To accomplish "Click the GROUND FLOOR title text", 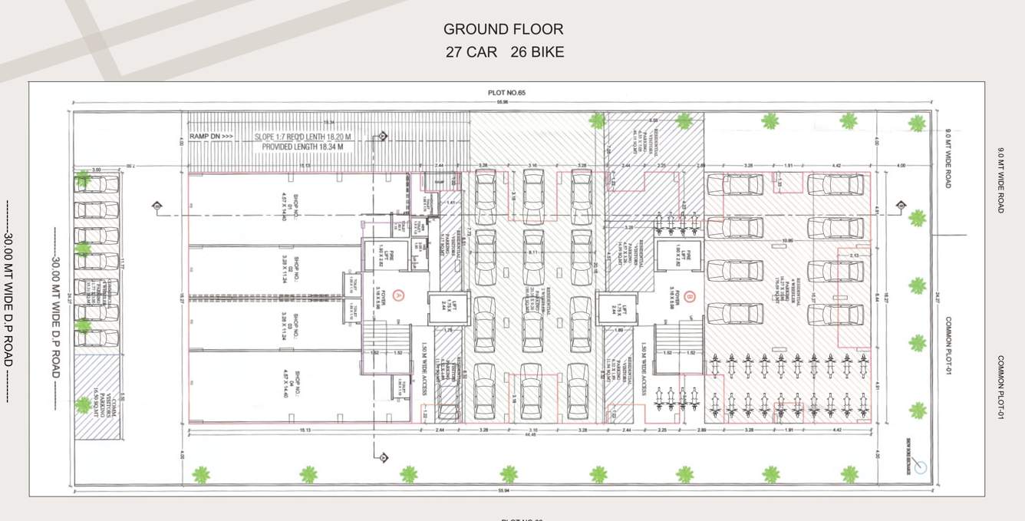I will (x=503, y=29).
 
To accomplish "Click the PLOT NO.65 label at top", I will (x=503, y=93).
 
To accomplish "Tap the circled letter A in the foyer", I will (x=397, y=294).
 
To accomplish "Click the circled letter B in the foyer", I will (x=690, y=294).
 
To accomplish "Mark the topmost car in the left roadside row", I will (x=97, y=184).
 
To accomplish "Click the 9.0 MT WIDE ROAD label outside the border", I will (x=1000, y=180).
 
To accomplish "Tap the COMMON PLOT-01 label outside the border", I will (x=1000, y=387).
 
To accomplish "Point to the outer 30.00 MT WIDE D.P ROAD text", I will (x=10, y=302).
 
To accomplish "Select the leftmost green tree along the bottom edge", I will (x=201, y=474).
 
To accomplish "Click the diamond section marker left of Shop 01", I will (x=157, y=206).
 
